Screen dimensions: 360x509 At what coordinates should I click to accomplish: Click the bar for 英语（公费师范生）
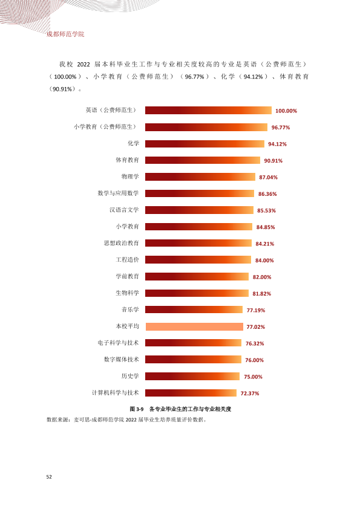pos(208,111)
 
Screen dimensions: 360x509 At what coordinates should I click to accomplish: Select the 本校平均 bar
pos(194,326)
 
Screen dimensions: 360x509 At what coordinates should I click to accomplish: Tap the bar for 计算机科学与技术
pos(191,393)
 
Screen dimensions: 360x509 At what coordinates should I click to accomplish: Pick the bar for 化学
pos(205,143)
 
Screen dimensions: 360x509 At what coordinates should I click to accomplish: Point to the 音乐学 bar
pos(194,310)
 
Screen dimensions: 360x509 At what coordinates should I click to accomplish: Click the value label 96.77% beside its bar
pos(281,128)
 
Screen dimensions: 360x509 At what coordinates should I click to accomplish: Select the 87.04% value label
pos(269,177)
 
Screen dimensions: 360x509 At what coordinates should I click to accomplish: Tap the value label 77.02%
pos(256,327)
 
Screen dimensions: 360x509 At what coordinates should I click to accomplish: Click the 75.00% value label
pos(253,377)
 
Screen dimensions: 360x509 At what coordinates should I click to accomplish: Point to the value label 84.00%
pos(264,261)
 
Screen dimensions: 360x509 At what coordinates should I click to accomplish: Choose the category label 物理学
pos(130,177)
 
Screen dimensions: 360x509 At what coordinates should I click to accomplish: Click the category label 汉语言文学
pos(124,210)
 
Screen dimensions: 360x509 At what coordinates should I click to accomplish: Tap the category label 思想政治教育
pos(121,243)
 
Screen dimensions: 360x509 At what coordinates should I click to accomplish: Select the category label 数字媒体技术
pos(121,359)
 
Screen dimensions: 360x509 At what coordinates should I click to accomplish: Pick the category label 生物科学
pos(127,293)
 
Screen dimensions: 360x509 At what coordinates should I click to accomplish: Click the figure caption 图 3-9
pos(137,409)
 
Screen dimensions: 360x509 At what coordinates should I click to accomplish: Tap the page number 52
pos(49,477)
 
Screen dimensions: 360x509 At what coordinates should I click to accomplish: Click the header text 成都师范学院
pos(65,34)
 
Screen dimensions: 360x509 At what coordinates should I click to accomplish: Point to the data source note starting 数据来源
pos(126,420)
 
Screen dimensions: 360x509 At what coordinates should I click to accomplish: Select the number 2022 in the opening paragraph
pos(83,64)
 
